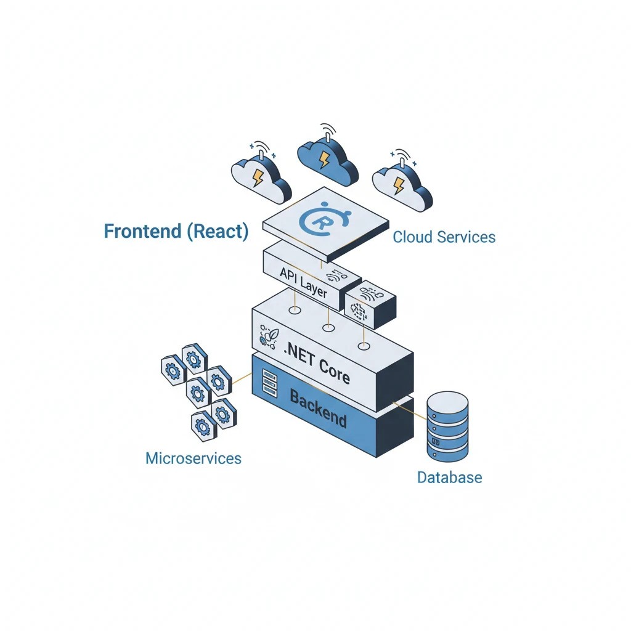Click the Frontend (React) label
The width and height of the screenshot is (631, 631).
176,231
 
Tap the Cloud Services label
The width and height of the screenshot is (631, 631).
444,237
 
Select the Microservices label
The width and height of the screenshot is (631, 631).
193,458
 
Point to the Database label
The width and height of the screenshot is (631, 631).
449,477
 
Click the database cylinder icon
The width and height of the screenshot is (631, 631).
447,426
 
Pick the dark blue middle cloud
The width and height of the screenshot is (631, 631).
327,158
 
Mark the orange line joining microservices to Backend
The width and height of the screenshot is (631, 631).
241,378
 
